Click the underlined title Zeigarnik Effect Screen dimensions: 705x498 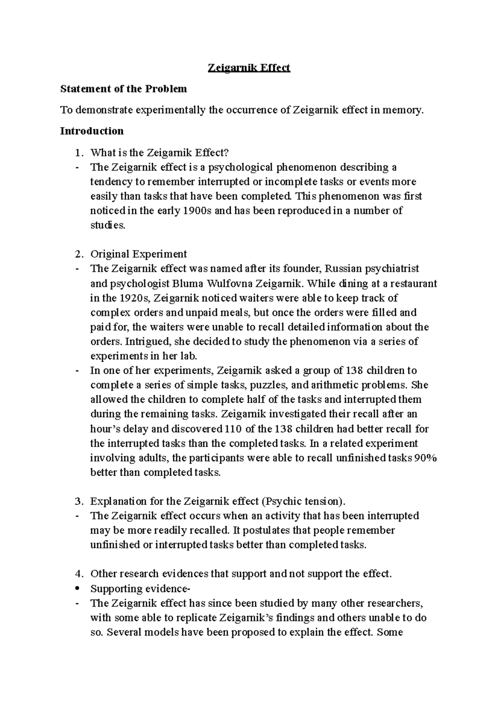(249, 68)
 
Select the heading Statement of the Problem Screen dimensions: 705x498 (124, 89)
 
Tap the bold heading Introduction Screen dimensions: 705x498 (92, 131)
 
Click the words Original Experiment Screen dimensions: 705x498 (139, 254)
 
